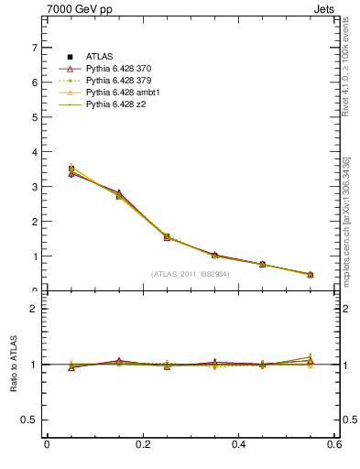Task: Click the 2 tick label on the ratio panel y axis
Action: click(34, 309)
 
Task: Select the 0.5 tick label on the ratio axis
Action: click(29, 420)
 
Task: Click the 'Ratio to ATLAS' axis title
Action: click(13, 365)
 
